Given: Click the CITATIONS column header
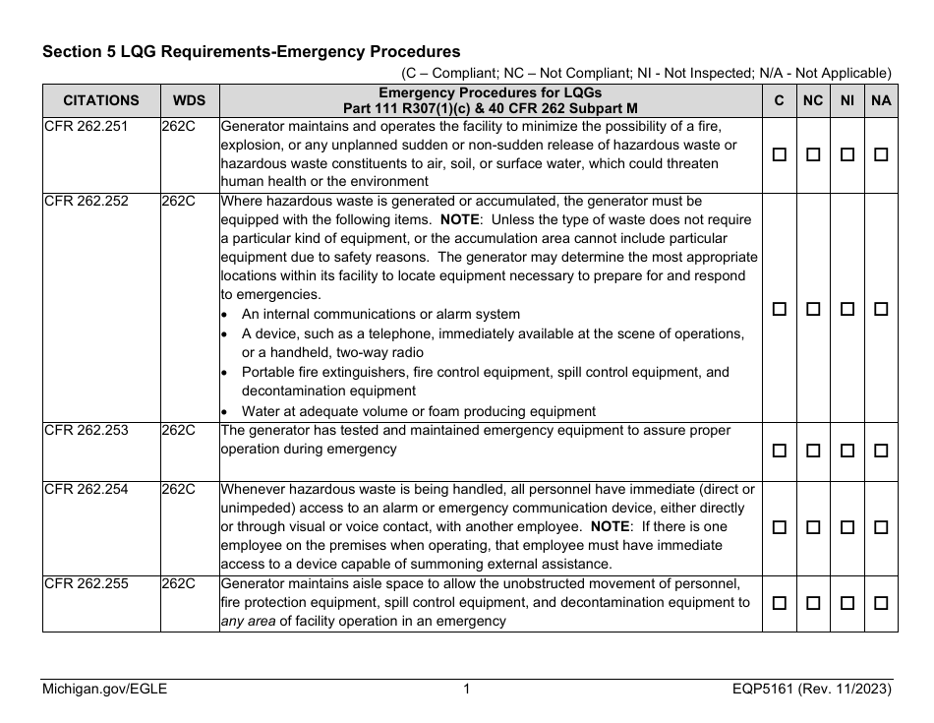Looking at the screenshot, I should point(101,100).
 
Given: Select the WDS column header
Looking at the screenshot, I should point(190,100).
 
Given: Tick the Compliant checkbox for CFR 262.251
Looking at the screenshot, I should point(780,154).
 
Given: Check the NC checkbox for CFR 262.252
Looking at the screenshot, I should point(813,308).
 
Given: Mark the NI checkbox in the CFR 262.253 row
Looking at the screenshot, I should point(846,451).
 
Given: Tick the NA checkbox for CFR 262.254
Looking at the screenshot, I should point(881,527).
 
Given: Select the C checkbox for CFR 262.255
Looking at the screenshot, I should point(780,602).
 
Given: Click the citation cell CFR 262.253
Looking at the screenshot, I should point(86,431).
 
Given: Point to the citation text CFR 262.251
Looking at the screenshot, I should point(86,127).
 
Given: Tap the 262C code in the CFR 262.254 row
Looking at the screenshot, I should point(178,490).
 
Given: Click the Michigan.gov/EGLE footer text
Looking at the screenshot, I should point(104,690).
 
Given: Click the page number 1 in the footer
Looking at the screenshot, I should point(467,690).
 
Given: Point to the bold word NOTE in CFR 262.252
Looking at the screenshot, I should point(459,220).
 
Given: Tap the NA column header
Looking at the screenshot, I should point(881,100).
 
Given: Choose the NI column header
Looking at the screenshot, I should point(846,100).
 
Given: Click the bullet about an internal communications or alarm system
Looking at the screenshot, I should point(380,315).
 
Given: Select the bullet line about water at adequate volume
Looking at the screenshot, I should point(418,411).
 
